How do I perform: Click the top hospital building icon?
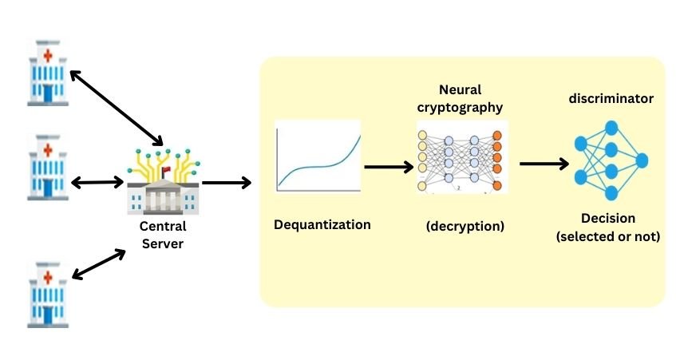pyautogui.click(x=48, y=74)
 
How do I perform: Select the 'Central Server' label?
pyautogui.click(x=163, y=235)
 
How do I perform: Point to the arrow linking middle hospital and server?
pyautogui.click(x=98, y=183)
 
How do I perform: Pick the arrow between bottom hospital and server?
pyautogui.click(x=99, y=263)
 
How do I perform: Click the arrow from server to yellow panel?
pyautogui.click(x=227, y=183)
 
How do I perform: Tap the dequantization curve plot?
pyautogui.click(x=317, y=156)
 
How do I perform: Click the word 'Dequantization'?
pyautogui.click(x=322, y=224)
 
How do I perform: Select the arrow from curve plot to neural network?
pyautogui.click(x=389, y=167)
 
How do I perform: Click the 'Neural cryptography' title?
pyautogui.click(x=460, y=98)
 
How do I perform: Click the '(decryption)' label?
pyautogui.click(x=465, y=226)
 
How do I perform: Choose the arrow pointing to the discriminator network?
pyautogui.click(x=544, y=164)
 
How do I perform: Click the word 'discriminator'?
pyautogui.click(x=611, y=99)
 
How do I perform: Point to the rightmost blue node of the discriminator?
pyautogui.click(x=641, y=160)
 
